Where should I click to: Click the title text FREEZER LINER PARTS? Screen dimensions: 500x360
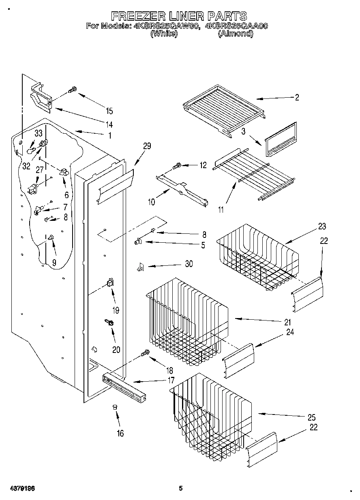point(179,16)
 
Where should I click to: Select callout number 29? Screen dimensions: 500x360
point(147,146)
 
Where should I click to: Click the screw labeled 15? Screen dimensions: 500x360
point(73,90)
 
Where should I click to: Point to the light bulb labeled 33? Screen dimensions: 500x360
point(31,150)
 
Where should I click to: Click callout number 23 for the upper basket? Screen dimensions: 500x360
point(322,226)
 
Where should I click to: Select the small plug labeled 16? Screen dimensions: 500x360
point(115,407)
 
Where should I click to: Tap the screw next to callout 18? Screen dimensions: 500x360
point(144,354)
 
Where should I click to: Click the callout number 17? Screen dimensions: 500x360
point(171,380)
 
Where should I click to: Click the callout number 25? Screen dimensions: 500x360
point(311,417)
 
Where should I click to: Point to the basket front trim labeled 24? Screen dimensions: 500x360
point(238,356)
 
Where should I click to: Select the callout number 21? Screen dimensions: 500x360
point(287,323)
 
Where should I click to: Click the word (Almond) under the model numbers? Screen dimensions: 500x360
point(236,34)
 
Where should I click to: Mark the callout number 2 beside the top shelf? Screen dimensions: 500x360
point(297,97)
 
